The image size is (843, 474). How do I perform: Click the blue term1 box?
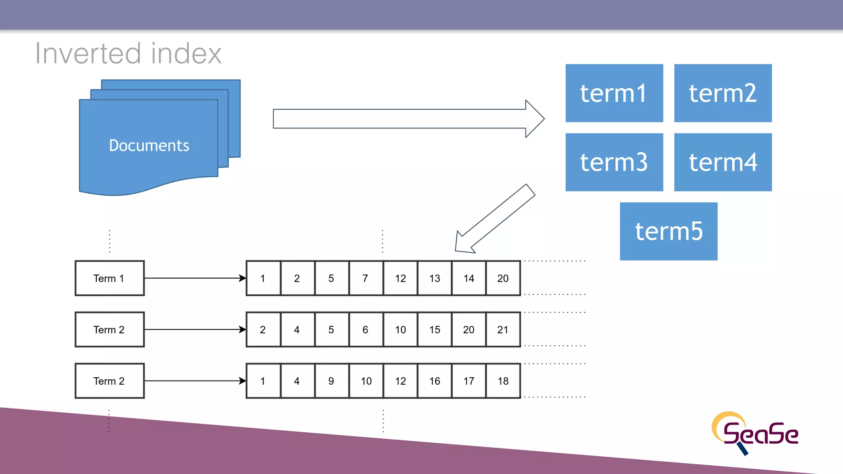(614, 93)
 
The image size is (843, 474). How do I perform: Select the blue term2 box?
(722, 93)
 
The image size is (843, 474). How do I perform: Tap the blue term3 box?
(614, 162)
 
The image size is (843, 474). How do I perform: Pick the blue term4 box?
(722, 162)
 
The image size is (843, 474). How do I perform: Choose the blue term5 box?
(668, 231)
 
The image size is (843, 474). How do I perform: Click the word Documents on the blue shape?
(149, 146)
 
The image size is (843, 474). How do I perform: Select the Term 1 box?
(109, 278)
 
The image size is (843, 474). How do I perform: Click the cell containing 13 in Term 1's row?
(435, 278)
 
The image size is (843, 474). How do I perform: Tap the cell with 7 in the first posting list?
(366, 278)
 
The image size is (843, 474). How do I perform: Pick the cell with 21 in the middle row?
(503, 330)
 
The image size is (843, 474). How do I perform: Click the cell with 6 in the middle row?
(366, 330)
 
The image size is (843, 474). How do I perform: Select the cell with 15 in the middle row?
(435, 330)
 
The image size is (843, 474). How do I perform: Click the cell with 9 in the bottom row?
(331, 381)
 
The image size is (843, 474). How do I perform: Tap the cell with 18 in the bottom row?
(503, 381)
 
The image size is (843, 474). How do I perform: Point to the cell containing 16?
(435, 381)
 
